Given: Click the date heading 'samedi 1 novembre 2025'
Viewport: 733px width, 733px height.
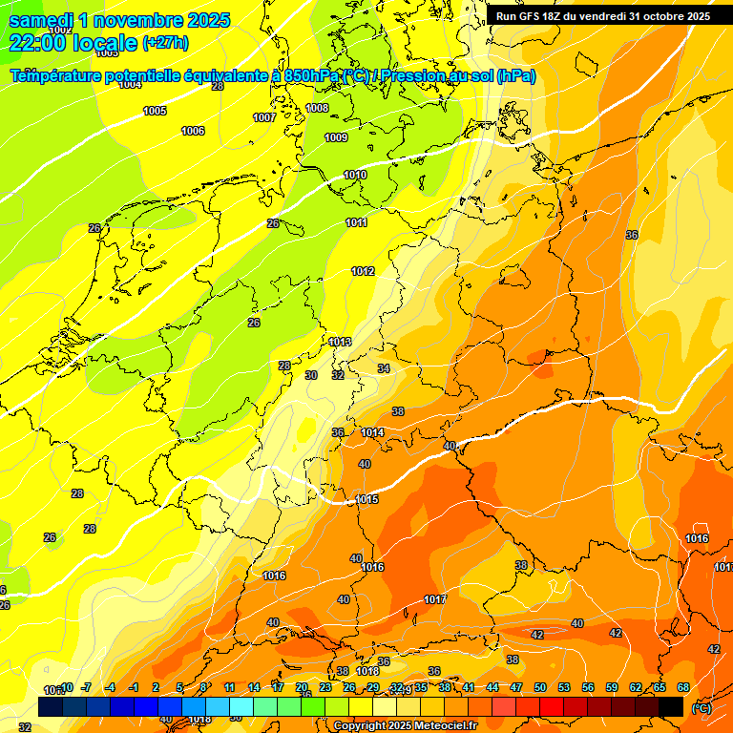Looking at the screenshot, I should [x=119, y=20].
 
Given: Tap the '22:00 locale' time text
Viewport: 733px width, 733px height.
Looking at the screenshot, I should [x=73, y=43].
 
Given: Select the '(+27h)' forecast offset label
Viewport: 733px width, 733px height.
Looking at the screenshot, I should [x=165, y=43].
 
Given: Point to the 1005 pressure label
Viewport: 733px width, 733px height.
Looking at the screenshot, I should [x=155, y=112].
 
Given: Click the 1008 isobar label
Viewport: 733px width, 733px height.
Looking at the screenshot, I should [x=317, y=108].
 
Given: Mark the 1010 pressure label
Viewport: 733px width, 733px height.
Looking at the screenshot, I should [x=355, y=175].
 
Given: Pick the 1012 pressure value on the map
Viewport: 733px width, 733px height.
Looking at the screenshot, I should [x=363, y=272].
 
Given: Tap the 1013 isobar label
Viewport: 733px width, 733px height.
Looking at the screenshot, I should [x=340, y=342].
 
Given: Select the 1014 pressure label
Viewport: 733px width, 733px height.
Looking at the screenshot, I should [x=372, y=432].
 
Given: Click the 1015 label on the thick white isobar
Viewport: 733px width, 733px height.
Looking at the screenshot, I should [x=366, y=499].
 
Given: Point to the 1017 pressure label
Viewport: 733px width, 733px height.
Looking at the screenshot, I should [x=435, y=599].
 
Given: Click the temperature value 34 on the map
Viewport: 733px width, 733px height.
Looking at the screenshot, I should [x=384, y=368].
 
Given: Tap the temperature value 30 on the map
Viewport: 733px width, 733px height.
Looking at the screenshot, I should [x=311, y=375].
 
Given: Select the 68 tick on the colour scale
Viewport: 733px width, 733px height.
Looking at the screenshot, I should [x=683, y=687].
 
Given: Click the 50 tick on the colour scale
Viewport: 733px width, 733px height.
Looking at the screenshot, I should [x=540, y=687].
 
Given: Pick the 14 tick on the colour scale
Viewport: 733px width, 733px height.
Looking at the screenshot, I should [x=254, y=687].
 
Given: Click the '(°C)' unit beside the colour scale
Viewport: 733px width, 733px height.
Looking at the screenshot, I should [x=701, y=707].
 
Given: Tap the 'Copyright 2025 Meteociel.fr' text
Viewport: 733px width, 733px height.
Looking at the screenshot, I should [x=405, y=725].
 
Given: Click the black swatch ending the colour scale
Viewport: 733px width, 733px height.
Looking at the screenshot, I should [x=671, y=706].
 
